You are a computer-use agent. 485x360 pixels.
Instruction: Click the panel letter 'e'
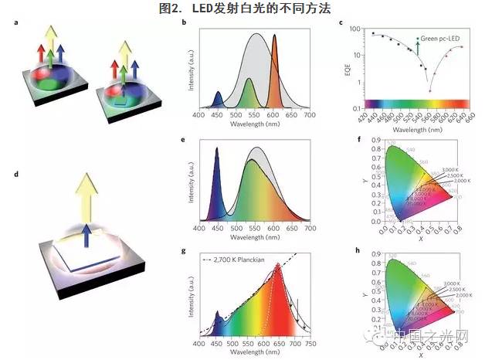tap(182, 141)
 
